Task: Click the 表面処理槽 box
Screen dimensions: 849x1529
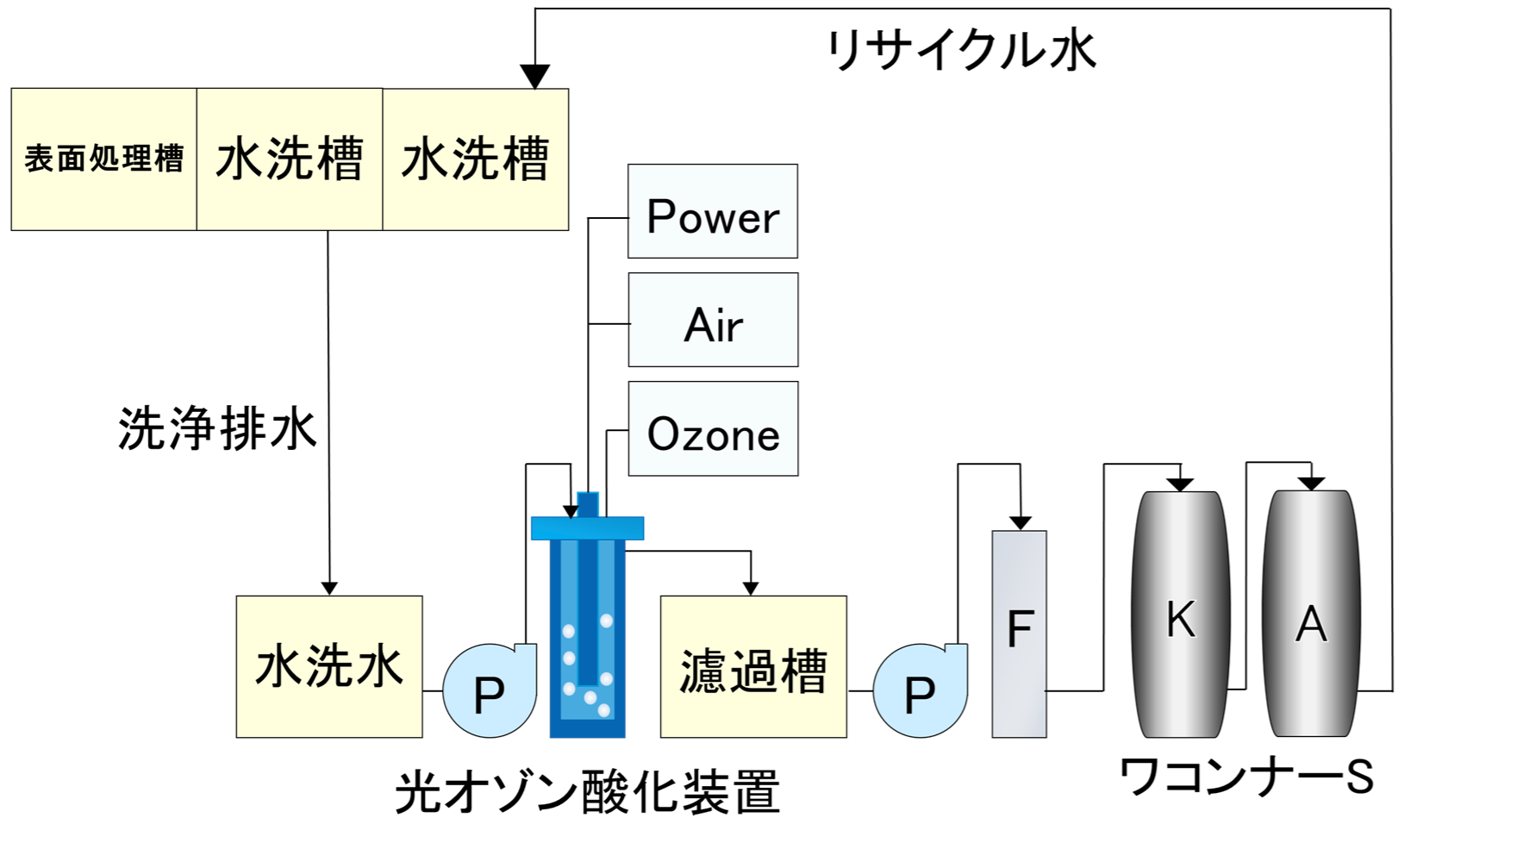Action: [103, 159]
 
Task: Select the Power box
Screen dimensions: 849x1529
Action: [712, 211]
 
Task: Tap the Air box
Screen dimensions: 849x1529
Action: [713, 320]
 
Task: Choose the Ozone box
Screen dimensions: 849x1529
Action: [713, 428]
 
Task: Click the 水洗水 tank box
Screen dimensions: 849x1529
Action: [329, 666]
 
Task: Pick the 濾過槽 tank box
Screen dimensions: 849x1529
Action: [753, 666]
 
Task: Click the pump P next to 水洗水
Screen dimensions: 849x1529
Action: [489, 691]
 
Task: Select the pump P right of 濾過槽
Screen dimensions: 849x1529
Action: [919, 691]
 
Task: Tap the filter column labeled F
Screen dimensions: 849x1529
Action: [1019, 634]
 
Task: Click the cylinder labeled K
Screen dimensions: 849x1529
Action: [1180, 616]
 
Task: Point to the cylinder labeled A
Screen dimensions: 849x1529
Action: [1311, 616]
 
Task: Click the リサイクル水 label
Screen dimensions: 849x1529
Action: [961, 50]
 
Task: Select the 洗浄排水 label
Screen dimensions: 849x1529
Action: [217, 428]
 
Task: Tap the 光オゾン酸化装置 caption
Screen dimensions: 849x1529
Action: [588, 792]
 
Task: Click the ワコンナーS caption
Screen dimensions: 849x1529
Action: [1246, 776]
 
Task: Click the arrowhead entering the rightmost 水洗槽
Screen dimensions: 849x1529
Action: [535, 77]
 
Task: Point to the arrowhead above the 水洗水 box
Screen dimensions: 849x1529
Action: [329, 588]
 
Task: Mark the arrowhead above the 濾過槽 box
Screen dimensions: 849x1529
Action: [751, 588]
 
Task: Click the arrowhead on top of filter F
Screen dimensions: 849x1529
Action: [1020, 523]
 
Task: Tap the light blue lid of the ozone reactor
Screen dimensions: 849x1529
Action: [587, 528]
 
